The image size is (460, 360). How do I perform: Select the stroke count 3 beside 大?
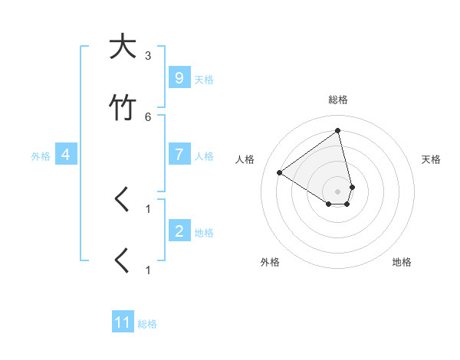point(148,56)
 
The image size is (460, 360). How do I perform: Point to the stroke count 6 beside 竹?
point(148,116)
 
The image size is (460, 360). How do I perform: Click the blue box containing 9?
point(179,77)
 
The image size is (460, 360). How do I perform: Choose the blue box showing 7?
point(179,155)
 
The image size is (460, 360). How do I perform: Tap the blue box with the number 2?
point(179,231)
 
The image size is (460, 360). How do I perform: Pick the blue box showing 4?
point(66,155)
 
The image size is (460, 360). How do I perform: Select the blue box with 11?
point(123,322)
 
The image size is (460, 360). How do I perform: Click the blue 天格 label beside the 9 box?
point(204,79)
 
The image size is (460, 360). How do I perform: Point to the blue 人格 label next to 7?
point(204,156)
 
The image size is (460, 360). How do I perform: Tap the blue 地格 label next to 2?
point(204,233)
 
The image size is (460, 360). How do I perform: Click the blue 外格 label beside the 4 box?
point(41,156)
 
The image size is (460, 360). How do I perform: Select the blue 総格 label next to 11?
point(147,324)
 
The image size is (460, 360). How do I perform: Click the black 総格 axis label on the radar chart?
point(338,100)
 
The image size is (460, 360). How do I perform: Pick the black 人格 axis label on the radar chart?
point(245,159)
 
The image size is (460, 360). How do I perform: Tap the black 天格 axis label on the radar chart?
point(431,159)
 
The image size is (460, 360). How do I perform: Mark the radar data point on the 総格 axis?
point(338,130)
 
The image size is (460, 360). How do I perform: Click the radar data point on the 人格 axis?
point(280,172)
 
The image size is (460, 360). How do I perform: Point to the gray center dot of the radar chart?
point(338,191)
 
